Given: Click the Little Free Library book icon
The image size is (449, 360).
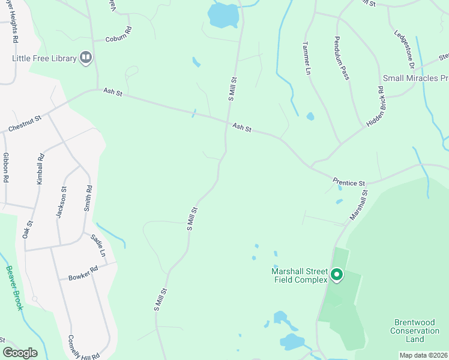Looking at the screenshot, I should pyautogui.click(x=85, y=58).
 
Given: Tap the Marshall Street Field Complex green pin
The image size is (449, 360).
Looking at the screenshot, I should pyautogui.click(x=337, y=275).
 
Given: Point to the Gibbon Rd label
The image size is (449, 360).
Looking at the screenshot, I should pyautogui.click(x=5, y=167).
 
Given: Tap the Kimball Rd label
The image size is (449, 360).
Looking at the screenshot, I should pyautogui.click(x=41, y=170).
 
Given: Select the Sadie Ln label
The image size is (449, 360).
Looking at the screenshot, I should pyautogui.click(x=98, y=247).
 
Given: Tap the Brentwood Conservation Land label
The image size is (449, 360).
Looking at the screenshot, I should pyautogui.click(x=415, y=331).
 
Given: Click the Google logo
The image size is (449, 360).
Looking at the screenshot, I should pyautogui.click(x=20, y=353).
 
